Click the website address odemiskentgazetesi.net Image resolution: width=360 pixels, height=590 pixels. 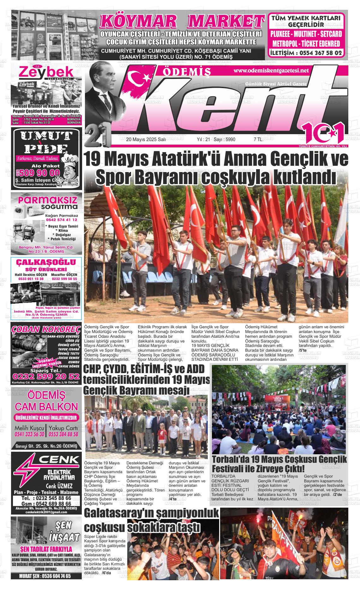pos(271,71)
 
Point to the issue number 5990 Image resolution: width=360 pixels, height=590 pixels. pos(229,140)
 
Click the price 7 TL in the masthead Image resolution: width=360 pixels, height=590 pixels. pos(258,140)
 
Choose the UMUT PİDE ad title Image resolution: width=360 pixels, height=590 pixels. pos(46,142)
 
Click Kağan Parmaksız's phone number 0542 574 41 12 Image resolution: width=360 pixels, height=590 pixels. pos(61,220)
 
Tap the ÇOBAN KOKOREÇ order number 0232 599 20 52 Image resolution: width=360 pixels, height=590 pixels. pos(46,377)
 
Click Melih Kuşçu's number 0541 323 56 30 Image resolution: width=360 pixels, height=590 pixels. pos(29,434)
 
